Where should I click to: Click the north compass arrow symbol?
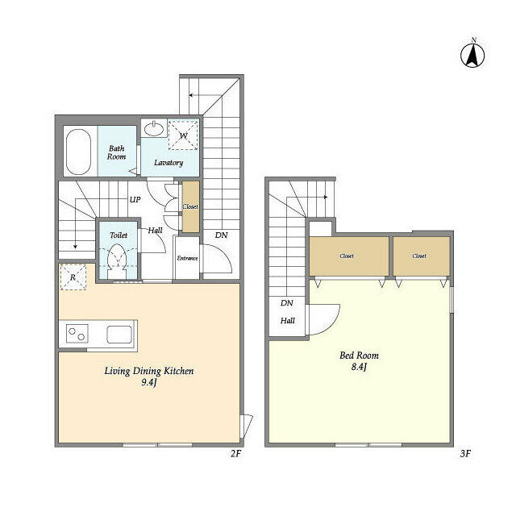pos(472,55)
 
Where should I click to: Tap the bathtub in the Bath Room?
pos(78,152)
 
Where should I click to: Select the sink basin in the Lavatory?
pos(154,129)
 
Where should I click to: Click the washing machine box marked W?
pos(183,135)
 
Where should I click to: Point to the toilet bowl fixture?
pos(118,258)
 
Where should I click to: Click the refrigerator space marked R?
pos(73,277)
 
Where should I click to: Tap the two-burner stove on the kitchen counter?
pos(77,333)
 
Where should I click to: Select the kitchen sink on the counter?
pos(119,335)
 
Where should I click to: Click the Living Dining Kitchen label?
pos(149,371)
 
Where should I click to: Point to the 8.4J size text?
pos(359,367)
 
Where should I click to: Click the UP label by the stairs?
pos(135,200)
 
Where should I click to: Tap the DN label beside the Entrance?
pos(221,235)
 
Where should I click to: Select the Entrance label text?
pos(187,258)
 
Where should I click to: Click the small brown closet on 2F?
pos(191,206)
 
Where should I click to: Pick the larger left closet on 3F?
pos(349,256)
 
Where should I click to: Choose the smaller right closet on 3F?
pos(422,256)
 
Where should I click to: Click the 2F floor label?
pos(235,453)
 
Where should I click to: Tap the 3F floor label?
pos(465,454)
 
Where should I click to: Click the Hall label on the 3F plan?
pos(288,321)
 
